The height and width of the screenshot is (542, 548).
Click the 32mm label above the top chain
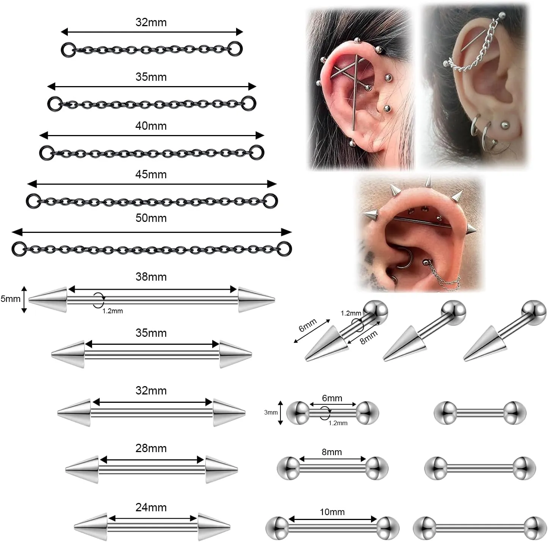tap(151, 22)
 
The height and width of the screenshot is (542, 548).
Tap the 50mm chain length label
tap(151, 218)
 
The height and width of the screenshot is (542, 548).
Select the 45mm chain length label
tap(151, 174)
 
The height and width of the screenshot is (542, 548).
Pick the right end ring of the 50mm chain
tap(285, 249)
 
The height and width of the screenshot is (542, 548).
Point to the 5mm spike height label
tap(10, 299)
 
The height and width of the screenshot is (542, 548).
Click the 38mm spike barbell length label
tap(151, 277)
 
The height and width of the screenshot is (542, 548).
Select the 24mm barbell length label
tap(151, 507)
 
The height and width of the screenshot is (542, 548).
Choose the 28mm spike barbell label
tap(151, 448)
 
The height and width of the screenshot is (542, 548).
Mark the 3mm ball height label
tap(271, 413)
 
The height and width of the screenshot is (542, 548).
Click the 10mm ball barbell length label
tap(332, 512)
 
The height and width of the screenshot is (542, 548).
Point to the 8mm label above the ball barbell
tap(332, 452)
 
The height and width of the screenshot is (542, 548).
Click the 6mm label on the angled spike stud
tap(308, 325)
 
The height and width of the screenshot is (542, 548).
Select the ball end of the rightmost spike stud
tap(534, 312)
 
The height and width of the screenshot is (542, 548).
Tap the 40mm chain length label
tap(151, 126)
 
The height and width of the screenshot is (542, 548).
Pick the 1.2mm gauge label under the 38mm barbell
tap(113, 311)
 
